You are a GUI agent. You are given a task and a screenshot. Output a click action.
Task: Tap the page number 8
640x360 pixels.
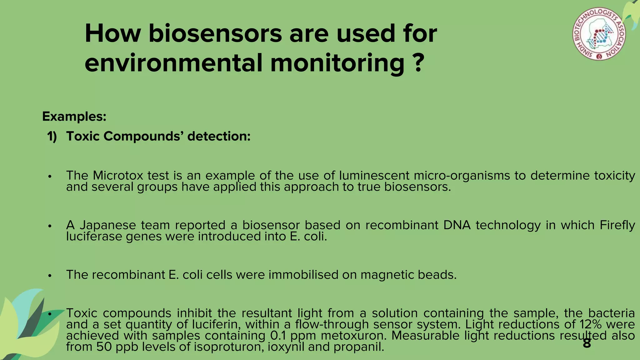[x=587, y=343]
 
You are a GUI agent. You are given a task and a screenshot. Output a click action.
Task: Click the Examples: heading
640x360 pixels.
[x=74, y=117]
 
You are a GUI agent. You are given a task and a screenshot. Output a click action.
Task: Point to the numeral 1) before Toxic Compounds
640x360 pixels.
[x=52, y=137]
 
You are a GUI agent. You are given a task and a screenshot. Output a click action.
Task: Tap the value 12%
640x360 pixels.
[x=590, y=324]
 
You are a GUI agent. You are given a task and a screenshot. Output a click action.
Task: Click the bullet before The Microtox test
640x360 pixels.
[x=49, y=177]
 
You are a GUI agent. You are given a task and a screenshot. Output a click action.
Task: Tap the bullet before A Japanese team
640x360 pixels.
[x=49, y=226]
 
